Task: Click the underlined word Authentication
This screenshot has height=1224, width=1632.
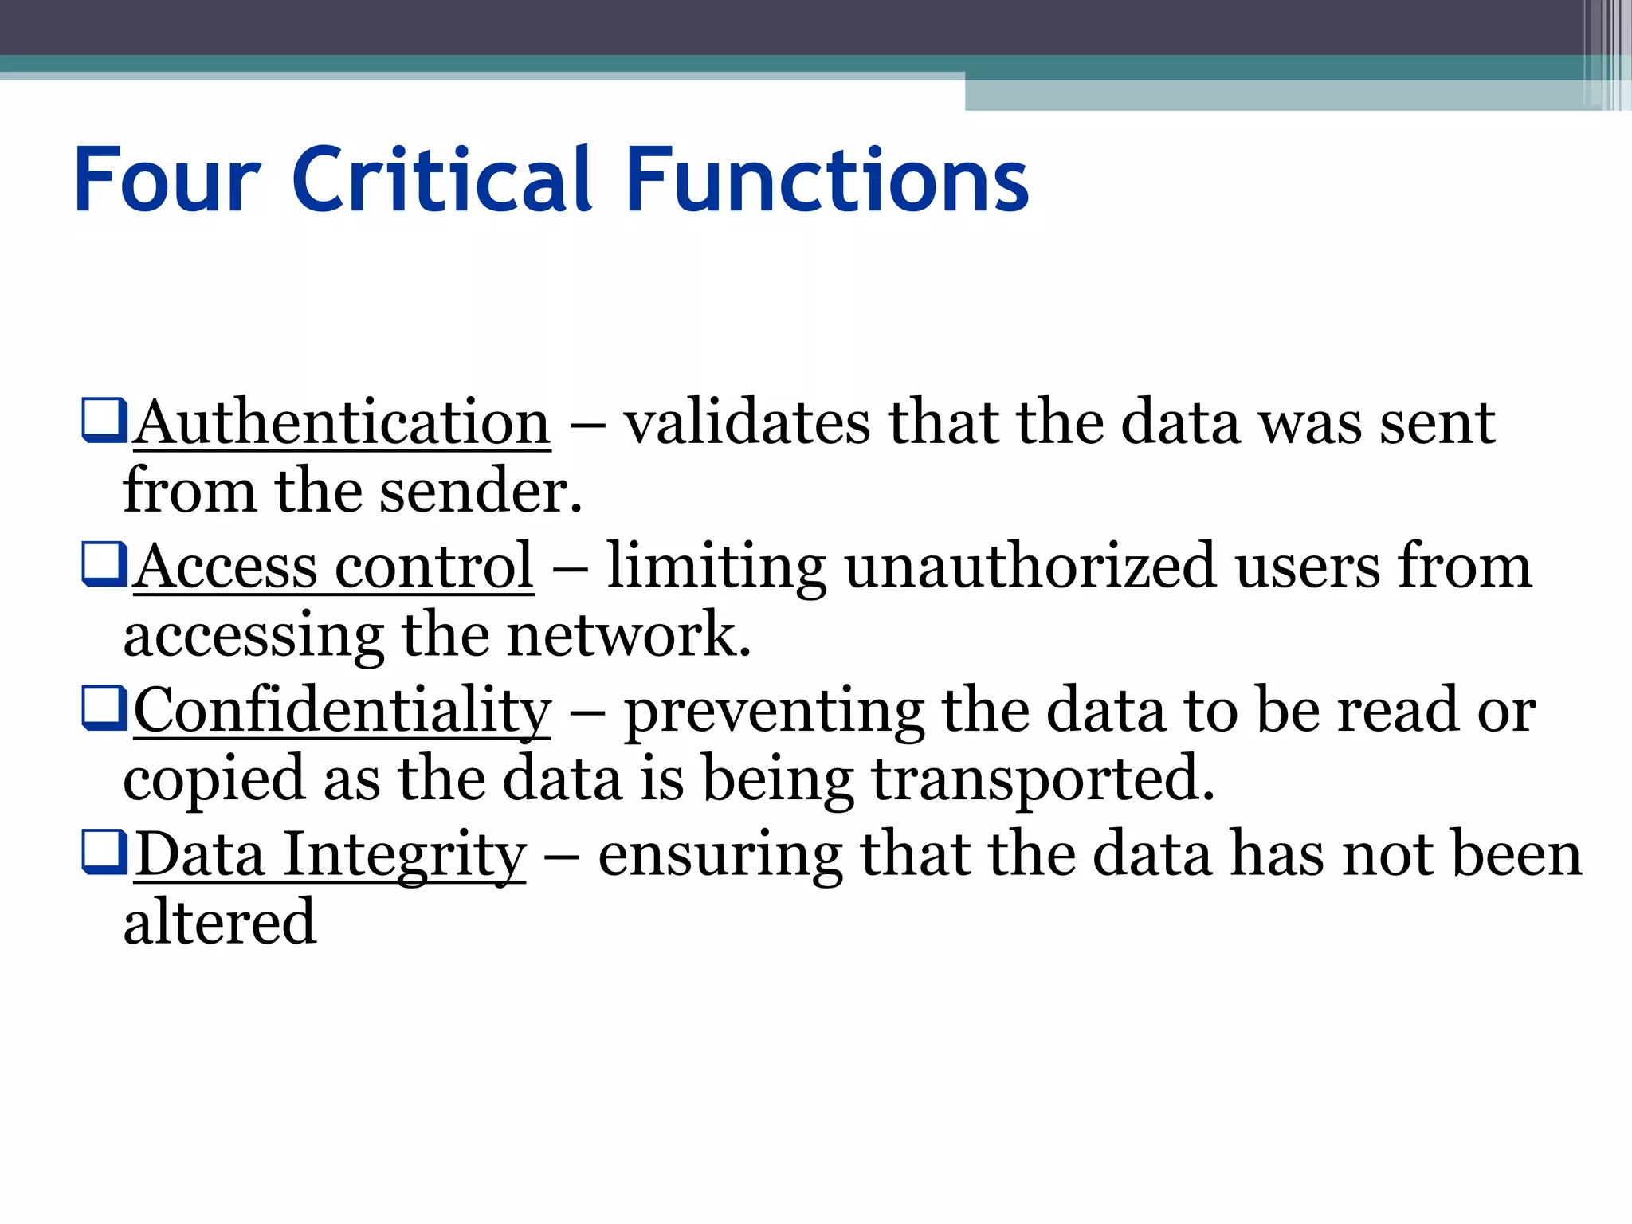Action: pos(342,422)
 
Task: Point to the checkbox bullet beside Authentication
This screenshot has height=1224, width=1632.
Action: pos(104,420)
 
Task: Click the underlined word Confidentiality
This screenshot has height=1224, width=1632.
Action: pos(342,710)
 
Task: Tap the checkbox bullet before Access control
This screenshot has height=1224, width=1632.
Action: pos(104,564)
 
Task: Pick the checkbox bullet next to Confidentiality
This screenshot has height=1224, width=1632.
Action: pos(104,708)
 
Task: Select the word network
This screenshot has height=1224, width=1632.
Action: pos(629,635)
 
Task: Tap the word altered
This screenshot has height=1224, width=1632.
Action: pos(219,922)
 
